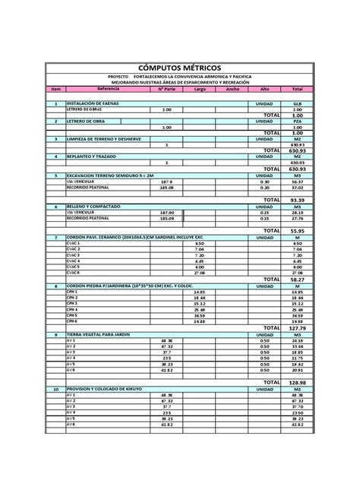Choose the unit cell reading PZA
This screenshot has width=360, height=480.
tap(298, 121)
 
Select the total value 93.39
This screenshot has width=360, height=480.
tap(297, 199)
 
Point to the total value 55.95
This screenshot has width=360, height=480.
tap(297, 230)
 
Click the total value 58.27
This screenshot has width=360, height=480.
tap(297, 279)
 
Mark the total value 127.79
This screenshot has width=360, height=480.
tap(297, 328)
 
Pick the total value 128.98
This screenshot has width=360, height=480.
tap(297, 382)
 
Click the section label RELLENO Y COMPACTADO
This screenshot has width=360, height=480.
tap(93, 206)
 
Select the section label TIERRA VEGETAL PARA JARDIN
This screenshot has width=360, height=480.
tap(99, 334)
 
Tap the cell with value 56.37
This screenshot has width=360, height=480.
tap(298, 182)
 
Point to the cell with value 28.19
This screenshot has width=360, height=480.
tap(298, 213)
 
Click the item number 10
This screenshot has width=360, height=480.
tap(55, 389)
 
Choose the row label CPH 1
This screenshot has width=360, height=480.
tap(73, 292)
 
